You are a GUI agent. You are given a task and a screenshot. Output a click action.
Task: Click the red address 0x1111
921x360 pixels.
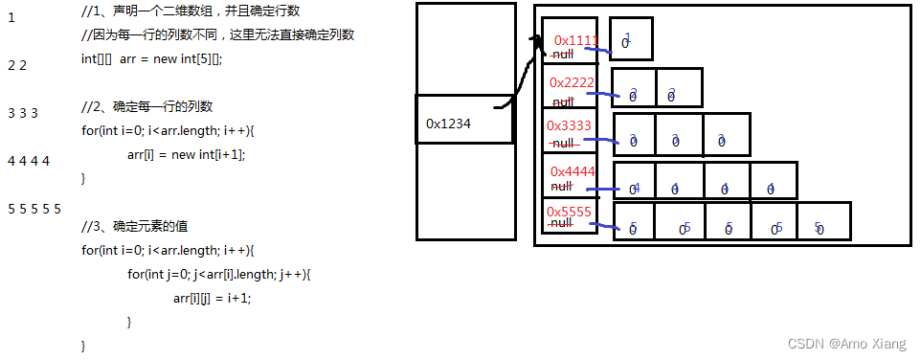[x=575, y=41]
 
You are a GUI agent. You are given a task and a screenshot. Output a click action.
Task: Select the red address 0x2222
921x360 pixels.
[x=573, y=82]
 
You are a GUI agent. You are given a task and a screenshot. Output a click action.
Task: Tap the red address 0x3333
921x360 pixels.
[x=569, y=125]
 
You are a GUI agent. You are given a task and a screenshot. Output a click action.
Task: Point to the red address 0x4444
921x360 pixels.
[x=573, y=171]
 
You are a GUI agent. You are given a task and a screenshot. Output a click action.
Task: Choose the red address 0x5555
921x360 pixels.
[x=570, y=212]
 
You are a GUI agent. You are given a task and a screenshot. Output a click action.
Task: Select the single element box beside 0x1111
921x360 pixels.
[x=631, y=39]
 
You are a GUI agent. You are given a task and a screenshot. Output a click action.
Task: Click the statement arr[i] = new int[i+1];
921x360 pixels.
[x=192, y=154]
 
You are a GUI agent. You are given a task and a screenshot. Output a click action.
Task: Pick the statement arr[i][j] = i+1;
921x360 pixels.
[x=212, y=298]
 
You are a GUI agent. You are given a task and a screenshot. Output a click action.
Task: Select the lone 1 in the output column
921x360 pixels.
[x=11, y=17]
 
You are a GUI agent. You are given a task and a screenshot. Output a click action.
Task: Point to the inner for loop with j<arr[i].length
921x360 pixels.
[x=218, y=274]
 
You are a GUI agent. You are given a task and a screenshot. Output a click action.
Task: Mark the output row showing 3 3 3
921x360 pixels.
[x=22, y=113]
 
